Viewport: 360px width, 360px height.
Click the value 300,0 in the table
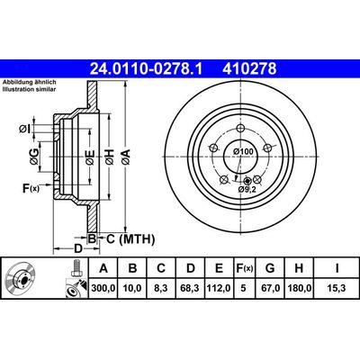[x=104, y=288]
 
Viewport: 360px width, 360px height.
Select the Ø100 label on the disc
[x=242, y=150]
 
